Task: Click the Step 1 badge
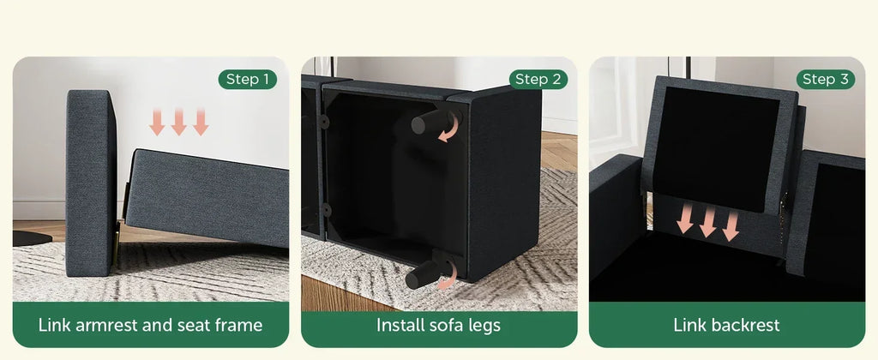[x=247, y=80]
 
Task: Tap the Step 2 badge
[x=538, y=80]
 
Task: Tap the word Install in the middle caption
[x=400, y=325]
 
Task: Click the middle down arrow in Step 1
[x=178, y=122]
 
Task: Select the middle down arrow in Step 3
[x=707, y=220]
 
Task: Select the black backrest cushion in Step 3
[x=715, y=150]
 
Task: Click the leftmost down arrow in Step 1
[x=157, y=122]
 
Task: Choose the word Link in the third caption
[x=689, y=325]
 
